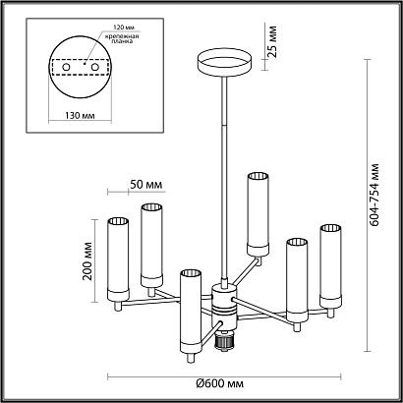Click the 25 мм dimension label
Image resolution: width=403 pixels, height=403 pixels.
[272, 41]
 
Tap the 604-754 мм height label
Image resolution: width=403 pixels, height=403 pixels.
[374, 195]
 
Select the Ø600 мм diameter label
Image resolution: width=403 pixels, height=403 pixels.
[220, 383]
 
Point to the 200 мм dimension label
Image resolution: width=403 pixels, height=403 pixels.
[87, 260]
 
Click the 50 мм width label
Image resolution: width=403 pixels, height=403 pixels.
[146, 185]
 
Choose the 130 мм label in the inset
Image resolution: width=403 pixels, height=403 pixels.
[80, 116]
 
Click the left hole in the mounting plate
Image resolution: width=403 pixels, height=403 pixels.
[66, 67]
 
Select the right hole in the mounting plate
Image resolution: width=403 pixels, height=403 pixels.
[95, 67]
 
